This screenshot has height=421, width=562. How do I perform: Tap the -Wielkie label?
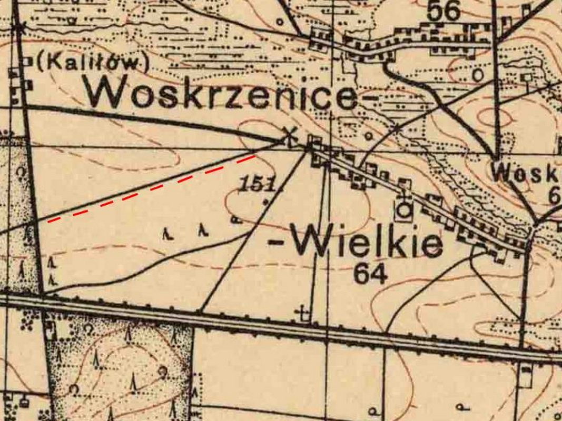[x=356, y=243]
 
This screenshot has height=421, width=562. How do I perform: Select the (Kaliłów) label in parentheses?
[x=90, y=63]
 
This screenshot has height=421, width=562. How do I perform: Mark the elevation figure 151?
[x=258, y=184]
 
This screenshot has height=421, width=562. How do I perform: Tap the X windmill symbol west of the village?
[x=289, y=136]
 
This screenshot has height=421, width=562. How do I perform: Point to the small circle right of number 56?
[x=478, y=75]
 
